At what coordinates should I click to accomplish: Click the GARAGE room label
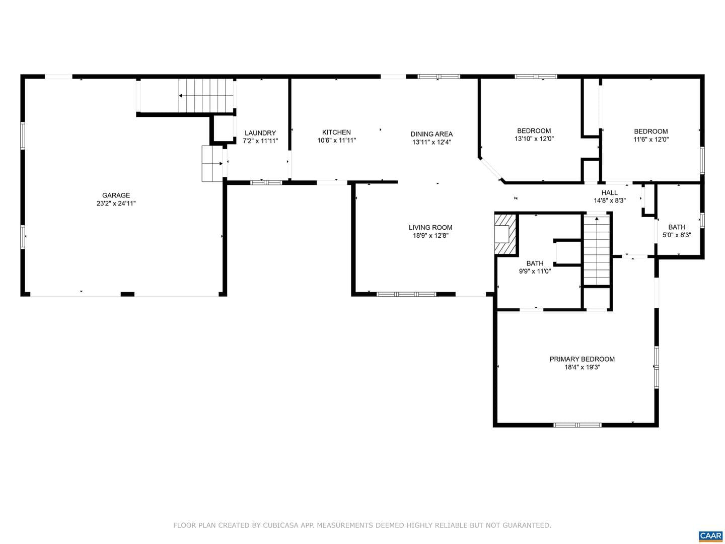(116, 195)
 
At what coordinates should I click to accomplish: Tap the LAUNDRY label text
(260, 133)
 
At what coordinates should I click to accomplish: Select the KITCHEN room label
(336, 132)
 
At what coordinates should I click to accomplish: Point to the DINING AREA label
(431, 134)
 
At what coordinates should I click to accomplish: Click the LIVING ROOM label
(430, 227)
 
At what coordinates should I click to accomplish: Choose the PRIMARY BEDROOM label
(582, 359)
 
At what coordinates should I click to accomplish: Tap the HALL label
(609, 192)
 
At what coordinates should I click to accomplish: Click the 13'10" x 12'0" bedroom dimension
(534, 139)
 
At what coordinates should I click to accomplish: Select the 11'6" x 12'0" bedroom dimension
(650, 140)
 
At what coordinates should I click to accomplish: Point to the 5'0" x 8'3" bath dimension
(677, 235)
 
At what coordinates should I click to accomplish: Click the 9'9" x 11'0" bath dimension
(535, 271)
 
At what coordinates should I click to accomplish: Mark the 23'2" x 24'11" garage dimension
(116, 203)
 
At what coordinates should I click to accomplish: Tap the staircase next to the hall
(597, 250)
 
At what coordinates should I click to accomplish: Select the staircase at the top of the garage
(206, 96)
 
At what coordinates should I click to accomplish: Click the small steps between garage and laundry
(212, 164)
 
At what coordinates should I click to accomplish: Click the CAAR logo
(711, 536)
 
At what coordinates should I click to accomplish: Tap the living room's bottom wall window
(406, 294)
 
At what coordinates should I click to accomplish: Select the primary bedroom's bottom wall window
(577, 425)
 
